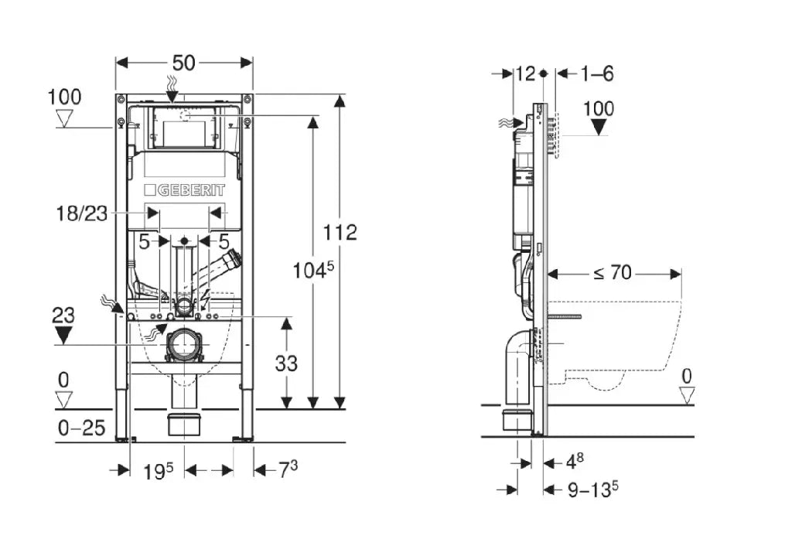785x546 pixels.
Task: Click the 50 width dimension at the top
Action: (184, 62)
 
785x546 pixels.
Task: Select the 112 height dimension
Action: (340, 231)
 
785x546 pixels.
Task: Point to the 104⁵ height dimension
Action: (314, 270)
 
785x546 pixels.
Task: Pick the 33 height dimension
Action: (286, 363)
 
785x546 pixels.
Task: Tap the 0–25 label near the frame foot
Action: (81, 428)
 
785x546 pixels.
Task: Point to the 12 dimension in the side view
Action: (525, 73)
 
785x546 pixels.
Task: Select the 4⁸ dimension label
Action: (574, 462)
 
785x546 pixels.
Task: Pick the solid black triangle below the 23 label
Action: (64, 335)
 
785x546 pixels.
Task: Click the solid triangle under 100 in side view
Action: (599, 127)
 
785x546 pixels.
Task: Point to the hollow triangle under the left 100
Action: (64, 118)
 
